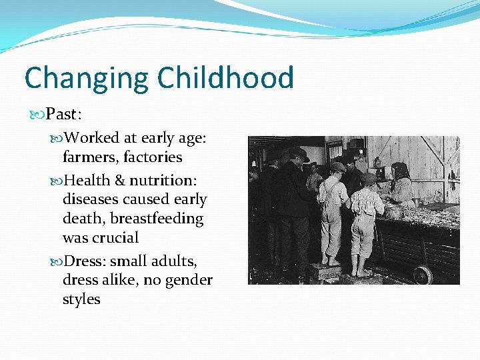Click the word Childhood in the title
click(226, 77)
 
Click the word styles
click(81, 299)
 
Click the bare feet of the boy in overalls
click(329, 261)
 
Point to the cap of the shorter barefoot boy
click(367, 179)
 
